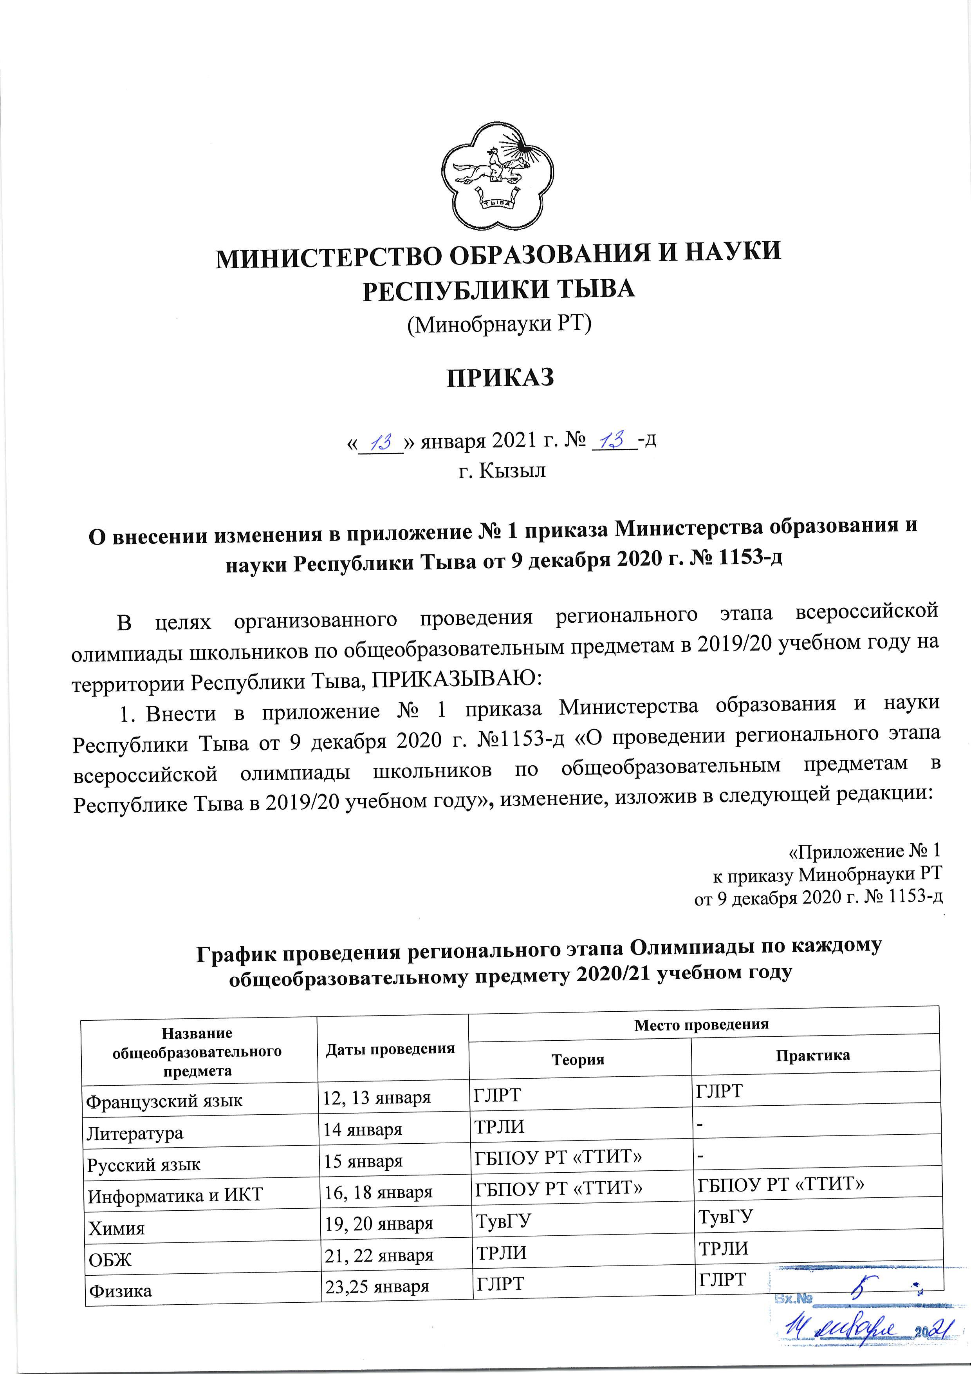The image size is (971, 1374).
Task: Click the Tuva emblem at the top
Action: [496, 180]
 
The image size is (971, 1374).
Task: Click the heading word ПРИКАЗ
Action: [500, 378]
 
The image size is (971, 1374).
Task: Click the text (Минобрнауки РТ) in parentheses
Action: [499, 324]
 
